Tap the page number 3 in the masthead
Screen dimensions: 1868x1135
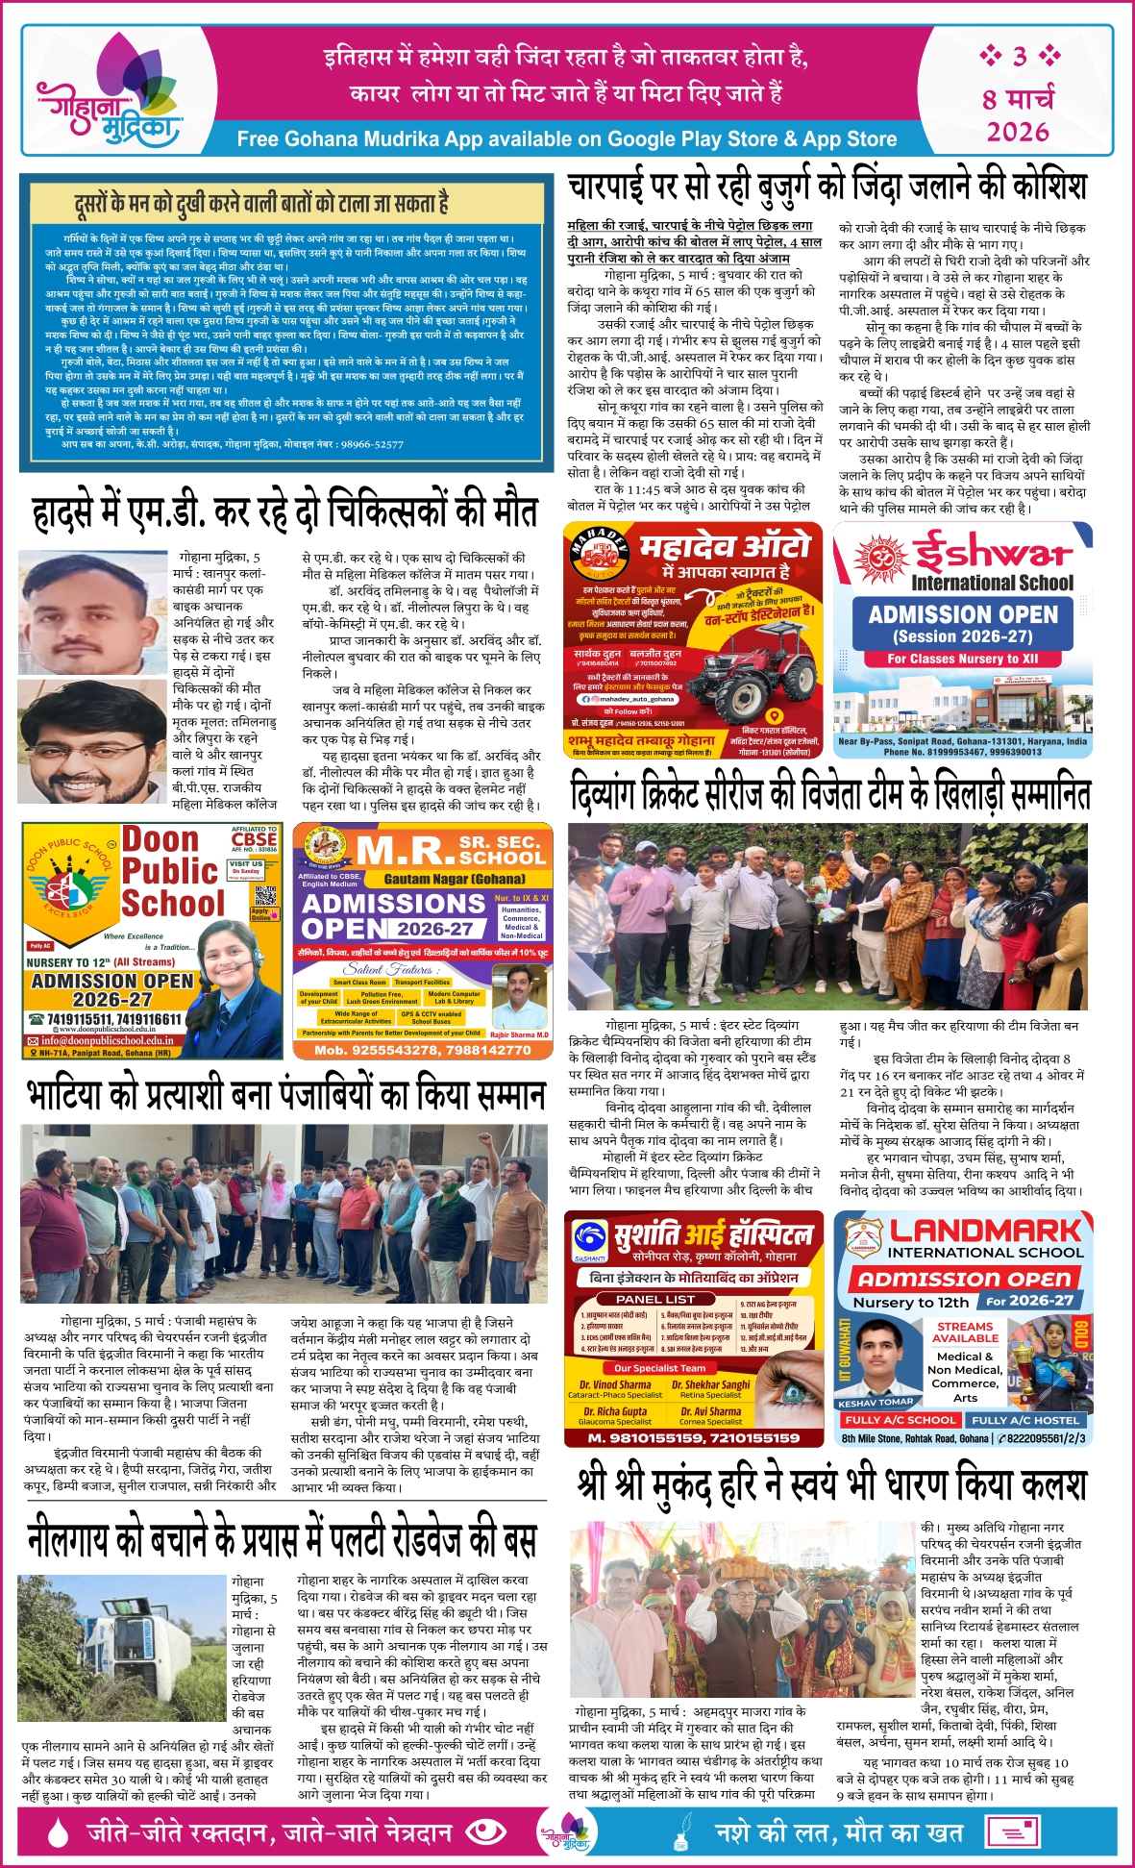click(x=1019, y=56)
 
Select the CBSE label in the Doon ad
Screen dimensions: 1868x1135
click(x=254, y=838)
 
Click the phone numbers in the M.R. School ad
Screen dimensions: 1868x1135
click(x=423, y=1050)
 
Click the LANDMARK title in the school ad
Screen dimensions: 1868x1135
click(x=985, y=1231)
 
